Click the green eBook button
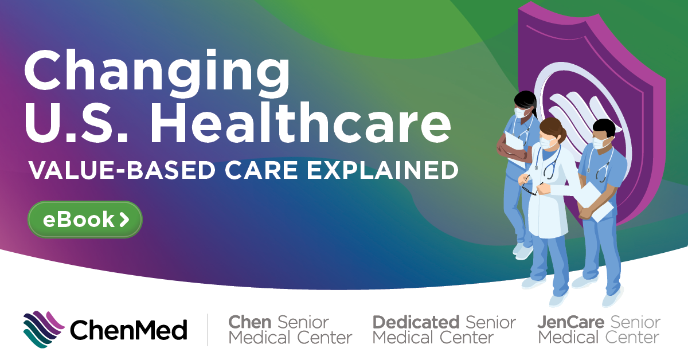pyautogui.click(x=85, y=220)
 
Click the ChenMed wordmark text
pyautogui.click(x=128, y=330)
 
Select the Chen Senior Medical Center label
pyautogui.click(x=290, y=330)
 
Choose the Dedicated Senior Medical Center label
pyautogui.click(x=444, y=330)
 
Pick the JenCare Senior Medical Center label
pyautogui.click(x=599, y=330)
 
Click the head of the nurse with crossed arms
pyautogui.click(x=525, y=103)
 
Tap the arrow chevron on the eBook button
pyautogui.click(x=124, y=220)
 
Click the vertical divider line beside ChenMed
pyautogui.click(x=208, y=330)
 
